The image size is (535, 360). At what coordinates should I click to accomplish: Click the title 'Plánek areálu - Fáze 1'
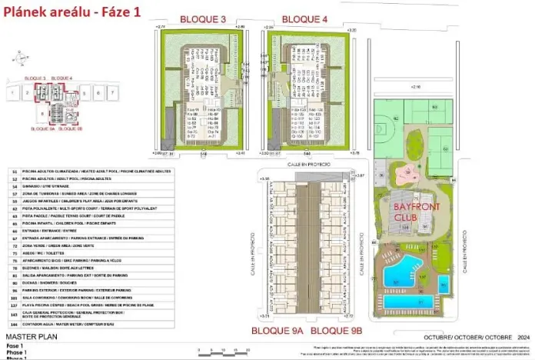(x=74, y=13)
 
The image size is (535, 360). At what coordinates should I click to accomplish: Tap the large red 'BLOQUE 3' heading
(x=202, y=18)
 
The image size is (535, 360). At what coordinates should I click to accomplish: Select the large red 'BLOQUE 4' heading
(x=304, y=18)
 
